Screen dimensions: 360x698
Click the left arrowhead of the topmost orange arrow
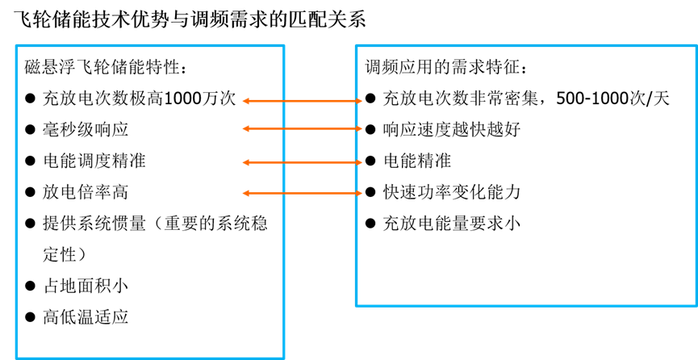[x=245, y=101]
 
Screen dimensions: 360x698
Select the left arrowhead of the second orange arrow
[x=245, y=128]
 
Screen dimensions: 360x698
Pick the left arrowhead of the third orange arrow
[x=245, y=162]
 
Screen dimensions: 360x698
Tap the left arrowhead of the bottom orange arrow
[x=245, y=193]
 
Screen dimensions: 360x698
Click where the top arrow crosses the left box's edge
[x=284, y=101]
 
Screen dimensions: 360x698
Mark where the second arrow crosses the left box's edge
[x=284, y=128]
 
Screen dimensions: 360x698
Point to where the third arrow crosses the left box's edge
[x=284, y=162]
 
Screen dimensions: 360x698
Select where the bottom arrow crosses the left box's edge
[x=284, y=193]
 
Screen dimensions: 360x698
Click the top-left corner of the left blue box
[x=16, y=46]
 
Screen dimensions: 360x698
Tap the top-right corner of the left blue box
[x=284, y=46]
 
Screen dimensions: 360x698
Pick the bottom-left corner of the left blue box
[x=16, y=358]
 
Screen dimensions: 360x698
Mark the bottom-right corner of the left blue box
[x=284, y=358]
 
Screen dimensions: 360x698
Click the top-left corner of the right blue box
[x=357, y=46]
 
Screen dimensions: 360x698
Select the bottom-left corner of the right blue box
[x=357, y=305]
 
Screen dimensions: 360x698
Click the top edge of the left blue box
[x=150, y=46]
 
